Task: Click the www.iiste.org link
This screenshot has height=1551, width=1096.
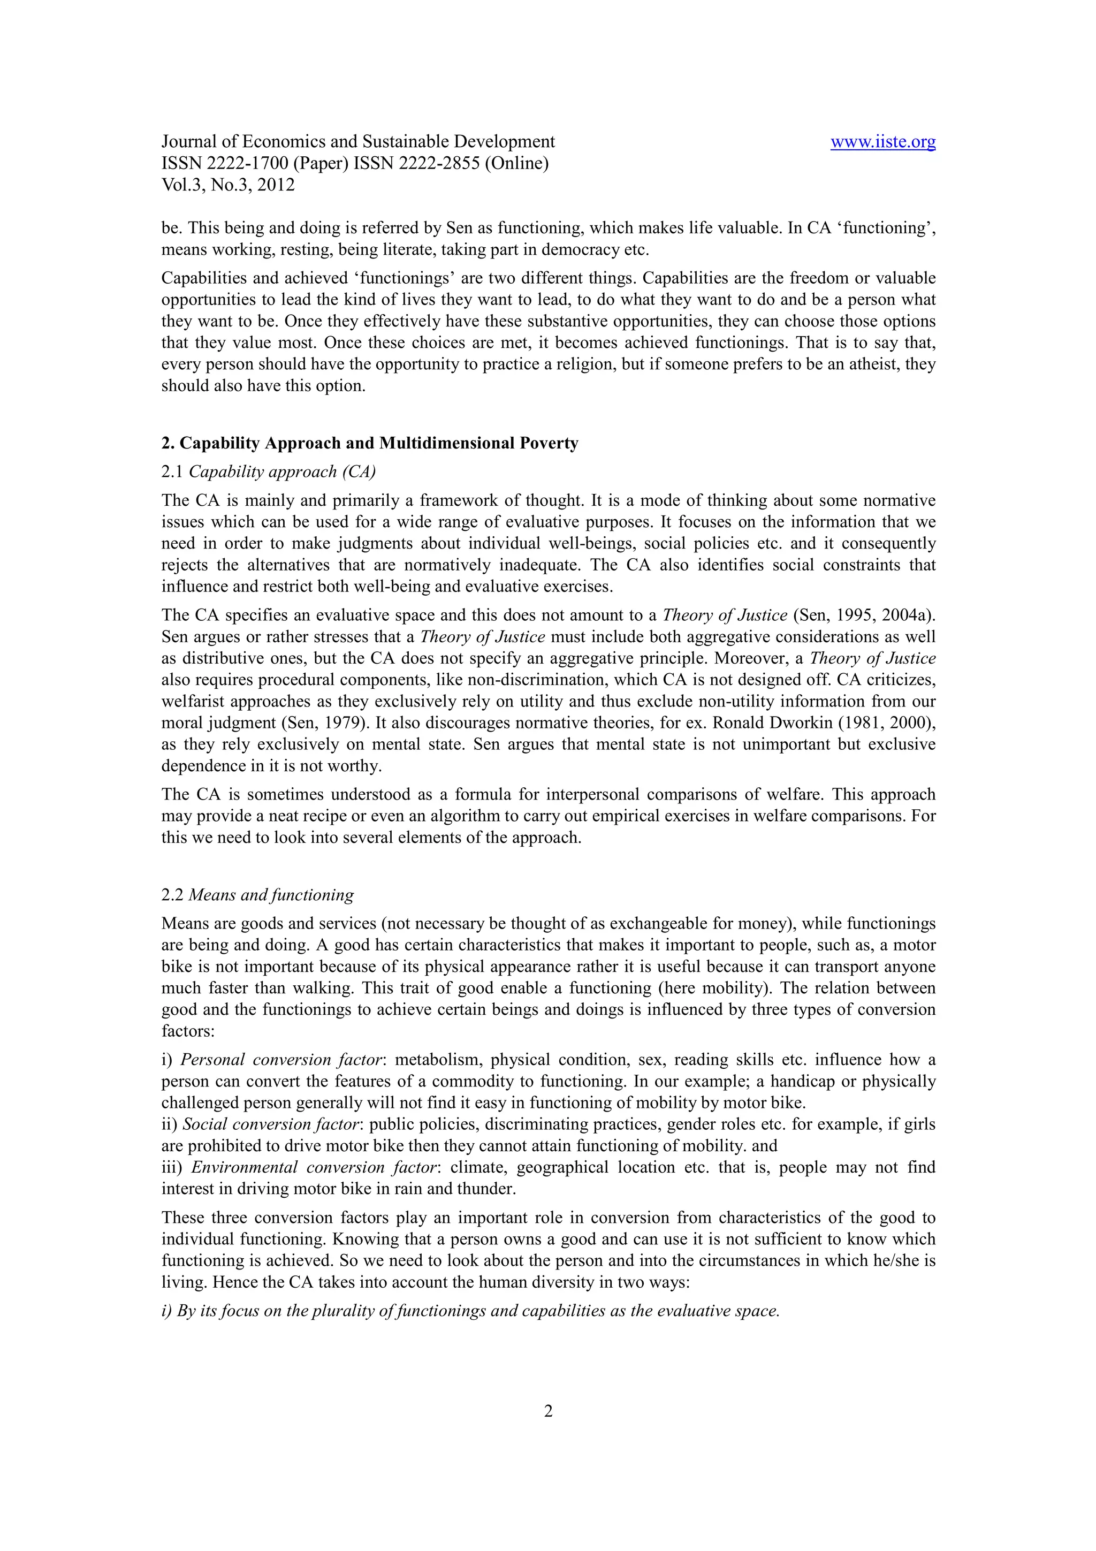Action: (x=882, y=142)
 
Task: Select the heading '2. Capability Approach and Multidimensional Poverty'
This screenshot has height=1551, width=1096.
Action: (x=369, y=443)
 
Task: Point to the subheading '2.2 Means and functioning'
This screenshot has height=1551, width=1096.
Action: (x=257, y=895)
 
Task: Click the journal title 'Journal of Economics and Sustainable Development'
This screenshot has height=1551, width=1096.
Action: (x=358, y=142)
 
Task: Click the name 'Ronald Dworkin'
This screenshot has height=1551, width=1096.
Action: (x=764, y=723)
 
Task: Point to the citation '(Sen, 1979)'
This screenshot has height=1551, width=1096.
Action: (x=322, y=723)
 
